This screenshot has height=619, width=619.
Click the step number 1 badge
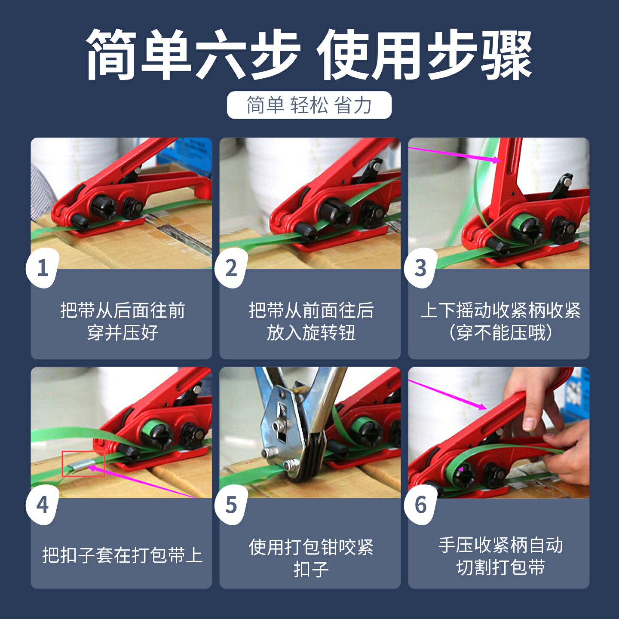click(x=43, y=268)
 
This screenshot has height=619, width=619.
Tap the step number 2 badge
click(x=231, y=268)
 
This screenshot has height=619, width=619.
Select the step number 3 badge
click(x=420, y=268)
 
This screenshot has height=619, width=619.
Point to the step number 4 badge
click(x=43, y=505)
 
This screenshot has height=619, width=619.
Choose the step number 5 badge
click(x=231, y=505)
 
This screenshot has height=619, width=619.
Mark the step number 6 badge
click(x=420, y=505)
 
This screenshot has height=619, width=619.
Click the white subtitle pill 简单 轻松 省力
click(x=309, y=105)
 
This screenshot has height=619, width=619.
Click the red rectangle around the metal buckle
click(x=83, y=464)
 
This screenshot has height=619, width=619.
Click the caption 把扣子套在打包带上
click(x=122, y=555)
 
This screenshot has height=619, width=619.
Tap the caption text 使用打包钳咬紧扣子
click(x=311, y=558)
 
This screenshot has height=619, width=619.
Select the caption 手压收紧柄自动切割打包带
click(x=500, y=556)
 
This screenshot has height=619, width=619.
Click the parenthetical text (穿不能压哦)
click(x=500, y=333)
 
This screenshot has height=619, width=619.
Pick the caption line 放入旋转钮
click(x=311, y=333)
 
